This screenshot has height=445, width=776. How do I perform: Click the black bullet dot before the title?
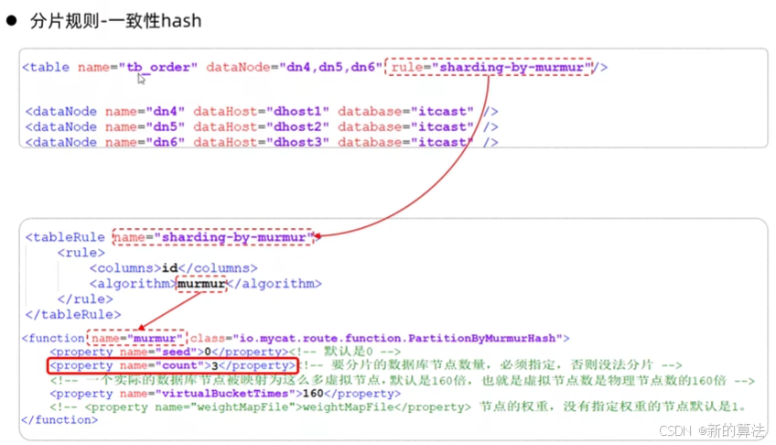pyautogui.click(x=13, y=19)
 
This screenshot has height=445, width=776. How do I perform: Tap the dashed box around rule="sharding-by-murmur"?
pyautogui.click(x=490, y=67)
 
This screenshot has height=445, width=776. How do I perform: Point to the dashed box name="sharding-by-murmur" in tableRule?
pyautogui.click(x=213, y=237)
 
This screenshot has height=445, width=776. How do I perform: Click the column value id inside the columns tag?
pyautogui.click(x=169, y=268)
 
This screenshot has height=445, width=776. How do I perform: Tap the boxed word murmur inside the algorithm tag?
pyautogui.click(x=200, y=284)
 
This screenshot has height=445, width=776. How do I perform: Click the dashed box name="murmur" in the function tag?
pyautogui.click(x=136, y=338)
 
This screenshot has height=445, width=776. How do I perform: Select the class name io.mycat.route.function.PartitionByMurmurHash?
pyautogui.click(x=399, y=338)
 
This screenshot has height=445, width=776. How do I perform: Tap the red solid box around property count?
pyautogui.click(x=172, y=365)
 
